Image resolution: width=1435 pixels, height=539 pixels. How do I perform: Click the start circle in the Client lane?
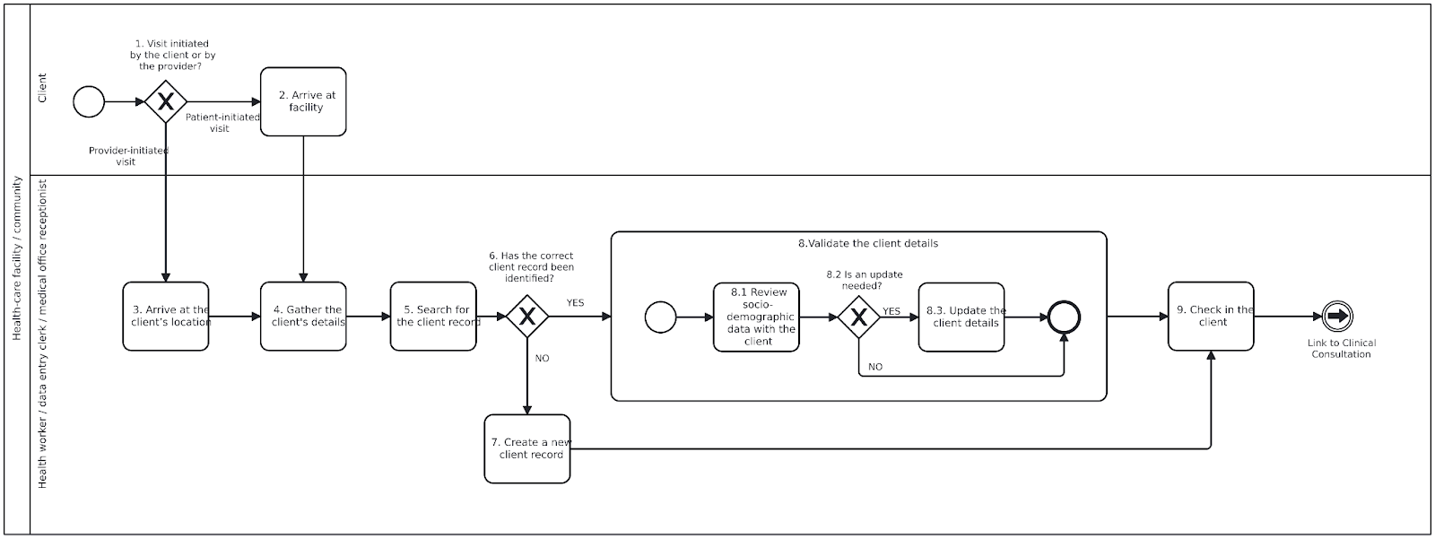[x=89, y=102]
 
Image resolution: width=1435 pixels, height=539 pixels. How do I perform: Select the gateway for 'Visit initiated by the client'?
[x=166, y=102]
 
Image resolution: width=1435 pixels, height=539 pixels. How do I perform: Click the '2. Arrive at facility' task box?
[x=303, y=101]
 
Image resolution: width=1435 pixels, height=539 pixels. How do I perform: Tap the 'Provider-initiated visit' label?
[x=127, y=156]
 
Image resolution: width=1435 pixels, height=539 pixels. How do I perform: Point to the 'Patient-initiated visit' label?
[x=222, y=123]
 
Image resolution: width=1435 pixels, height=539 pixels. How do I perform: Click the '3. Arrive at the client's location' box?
[x=166, y=317]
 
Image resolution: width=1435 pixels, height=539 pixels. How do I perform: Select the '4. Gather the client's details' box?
[x=303, y=317]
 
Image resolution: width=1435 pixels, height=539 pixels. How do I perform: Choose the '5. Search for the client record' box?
[x=433, y=317]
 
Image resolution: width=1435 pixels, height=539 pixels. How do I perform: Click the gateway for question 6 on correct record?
[x=527, y=317]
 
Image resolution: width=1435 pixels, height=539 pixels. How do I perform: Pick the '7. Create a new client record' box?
[x=526, y=448]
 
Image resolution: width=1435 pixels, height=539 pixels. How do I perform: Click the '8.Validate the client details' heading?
[x=867, y=243]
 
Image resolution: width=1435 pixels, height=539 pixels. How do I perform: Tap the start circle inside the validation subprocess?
[x=660, y=317]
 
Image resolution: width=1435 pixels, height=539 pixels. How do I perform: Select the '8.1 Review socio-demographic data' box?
[x=757, y=317]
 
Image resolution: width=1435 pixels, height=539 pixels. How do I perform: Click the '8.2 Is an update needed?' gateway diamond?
[x=859, y=317]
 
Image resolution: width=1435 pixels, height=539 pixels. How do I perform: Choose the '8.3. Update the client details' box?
[x=961, y=317]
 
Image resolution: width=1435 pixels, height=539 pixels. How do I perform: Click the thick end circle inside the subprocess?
[x=1064, y=317]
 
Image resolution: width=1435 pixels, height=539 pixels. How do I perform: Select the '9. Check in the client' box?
[x=1211, y=317]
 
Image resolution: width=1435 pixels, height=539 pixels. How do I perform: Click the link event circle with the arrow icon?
[x=1337, y=317]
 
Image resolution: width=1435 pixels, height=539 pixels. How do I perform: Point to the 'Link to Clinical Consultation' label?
[x=1342, y=348]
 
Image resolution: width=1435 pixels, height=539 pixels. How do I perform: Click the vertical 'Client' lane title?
[x=42, y=88]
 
